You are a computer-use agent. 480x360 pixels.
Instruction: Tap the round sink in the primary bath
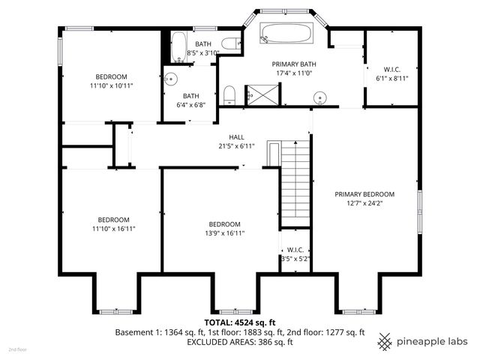tap(322, 97)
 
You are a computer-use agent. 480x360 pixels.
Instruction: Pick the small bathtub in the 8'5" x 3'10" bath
tap(178, 46)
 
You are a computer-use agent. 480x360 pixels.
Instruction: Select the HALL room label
tap(237, 137)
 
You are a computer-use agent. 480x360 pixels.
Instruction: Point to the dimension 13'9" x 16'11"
tap(224, 233)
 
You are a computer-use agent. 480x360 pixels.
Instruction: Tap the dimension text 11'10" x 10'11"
tap(110, 86)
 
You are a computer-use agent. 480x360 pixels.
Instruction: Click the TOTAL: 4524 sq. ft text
tap(239, 322)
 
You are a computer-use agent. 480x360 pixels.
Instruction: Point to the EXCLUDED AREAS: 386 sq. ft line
tap(239, 341)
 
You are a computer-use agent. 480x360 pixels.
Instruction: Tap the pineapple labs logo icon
tap(385, 341)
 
